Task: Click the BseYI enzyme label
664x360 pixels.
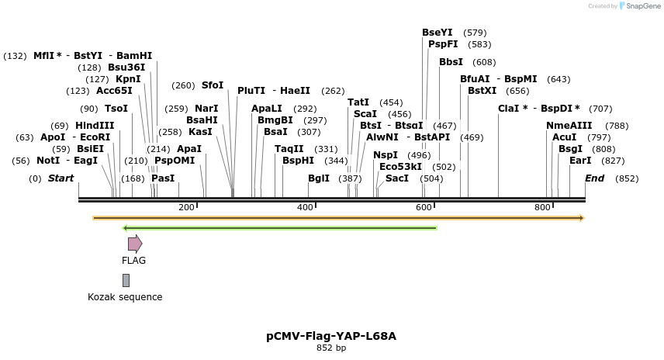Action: click(437, 33)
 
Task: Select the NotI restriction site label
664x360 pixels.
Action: click(48, 161)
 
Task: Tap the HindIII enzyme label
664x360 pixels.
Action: click(95, 126)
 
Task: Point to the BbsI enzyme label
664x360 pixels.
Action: click(451, 62)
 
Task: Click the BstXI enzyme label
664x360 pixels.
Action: click(482, 91)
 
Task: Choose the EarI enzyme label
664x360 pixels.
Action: click(580, 161)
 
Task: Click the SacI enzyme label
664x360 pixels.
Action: click(397, 178)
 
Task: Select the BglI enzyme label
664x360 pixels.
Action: click(319, 178)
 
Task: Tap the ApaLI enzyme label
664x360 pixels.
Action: click(267, 109)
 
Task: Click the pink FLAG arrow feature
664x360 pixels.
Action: click(134, 244)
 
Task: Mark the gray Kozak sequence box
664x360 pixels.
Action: click(126, 281)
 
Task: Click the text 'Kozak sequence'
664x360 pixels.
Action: click(125, 297)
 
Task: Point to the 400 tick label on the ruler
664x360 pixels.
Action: click(305, 208)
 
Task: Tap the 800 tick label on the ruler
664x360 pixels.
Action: click(542, 208)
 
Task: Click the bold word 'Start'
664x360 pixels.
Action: click(61, 178)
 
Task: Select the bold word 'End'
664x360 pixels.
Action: click(594, 178)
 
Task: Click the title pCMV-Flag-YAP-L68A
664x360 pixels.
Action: click(331, 337)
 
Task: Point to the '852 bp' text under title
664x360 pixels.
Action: click(331, 348)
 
